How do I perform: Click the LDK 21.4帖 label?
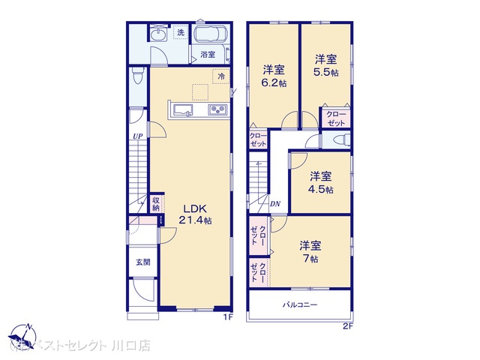coord(194,214)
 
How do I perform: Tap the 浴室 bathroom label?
coord(208,54)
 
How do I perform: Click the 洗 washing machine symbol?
coord(180,32)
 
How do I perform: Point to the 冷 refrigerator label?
coord(221,76)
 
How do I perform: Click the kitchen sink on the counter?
coord(184,110)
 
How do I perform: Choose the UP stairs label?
coord(137,136)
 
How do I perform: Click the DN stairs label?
coord(275,203)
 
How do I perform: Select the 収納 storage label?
coord(157,203)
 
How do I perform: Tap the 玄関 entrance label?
coord(142,262)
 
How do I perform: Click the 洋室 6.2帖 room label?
coord(274,76)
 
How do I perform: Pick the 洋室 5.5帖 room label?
coord(325,64)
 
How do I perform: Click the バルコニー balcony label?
coord(300,305)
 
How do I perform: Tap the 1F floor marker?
coord(229,317)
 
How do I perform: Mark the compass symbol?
coord(24,334)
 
